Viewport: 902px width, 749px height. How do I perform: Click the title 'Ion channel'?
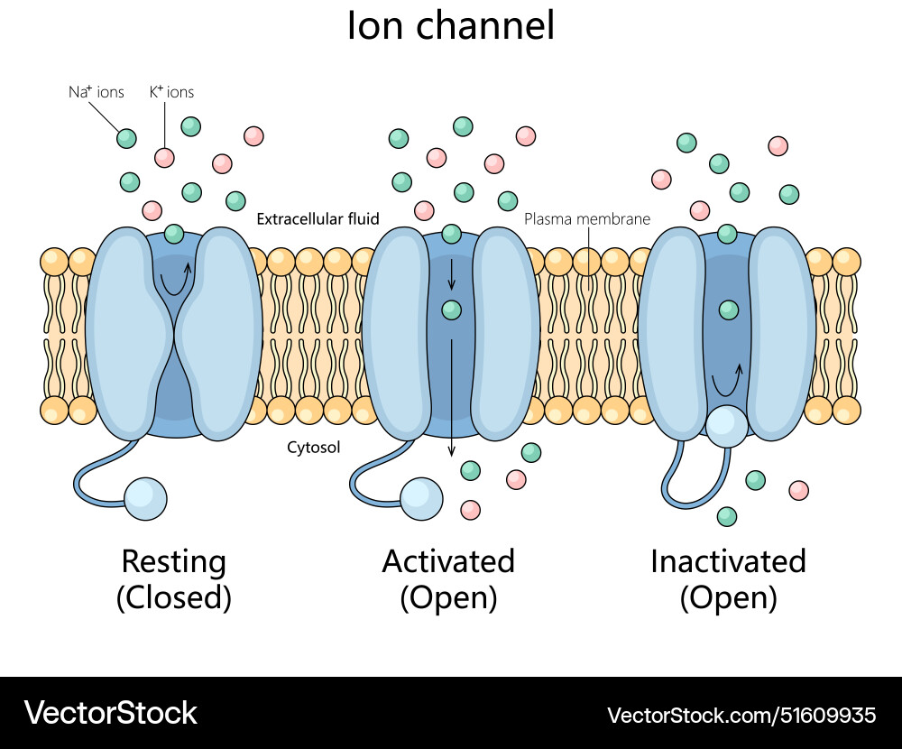(x=450, y=26)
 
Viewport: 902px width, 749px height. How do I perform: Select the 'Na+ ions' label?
(x=97, y=92)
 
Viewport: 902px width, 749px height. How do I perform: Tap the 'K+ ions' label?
(x=171, y=92)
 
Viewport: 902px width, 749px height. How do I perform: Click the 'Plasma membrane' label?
(x=587, y=218)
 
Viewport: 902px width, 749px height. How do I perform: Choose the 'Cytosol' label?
(x=313, y=447)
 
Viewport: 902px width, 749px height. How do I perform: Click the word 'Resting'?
(x=173, y=561)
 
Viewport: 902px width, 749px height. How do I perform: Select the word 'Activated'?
(x=448, y=561)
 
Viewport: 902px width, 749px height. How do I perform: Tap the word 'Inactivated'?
(x=728, y=561)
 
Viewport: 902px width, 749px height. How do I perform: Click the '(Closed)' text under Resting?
(x=173, y=597)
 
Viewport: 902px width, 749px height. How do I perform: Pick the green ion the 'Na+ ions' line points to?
(x=127, y=138)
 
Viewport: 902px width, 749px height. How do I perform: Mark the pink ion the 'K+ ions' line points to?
(x=164, y=158)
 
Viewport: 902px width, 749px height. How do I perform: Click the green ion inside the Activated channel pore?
(x=452, y=310)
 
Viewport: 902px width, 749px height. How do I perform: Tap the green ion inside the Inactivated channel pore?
(x=728, y=310)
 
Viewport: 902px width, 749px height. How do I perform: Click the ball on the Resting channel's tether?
(x=145, y=499)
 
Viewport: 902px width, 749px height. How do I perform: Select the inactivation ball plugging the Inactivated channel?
(x=727, y=426)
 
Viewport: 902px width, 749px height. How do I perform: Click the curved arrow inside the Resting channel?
(x=175, y=279)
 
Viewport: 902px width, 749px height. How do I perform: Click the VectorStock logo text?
(x=111, y=713)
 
